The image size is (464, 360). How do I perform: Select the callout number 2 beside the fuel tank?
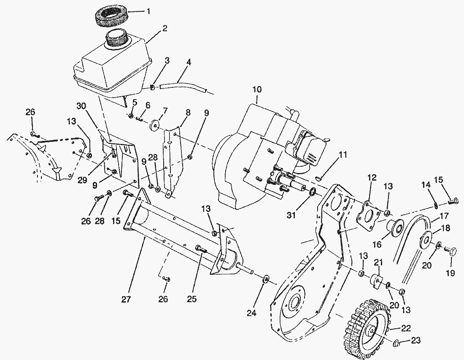165,29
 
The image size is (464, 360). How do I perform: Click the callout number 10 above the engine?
257,89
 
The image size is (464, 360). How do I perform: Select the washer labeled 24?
266,279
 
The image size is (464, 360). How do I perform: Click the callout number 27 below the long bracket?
126,300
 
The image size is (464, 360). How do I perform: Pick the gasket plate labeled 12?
366,216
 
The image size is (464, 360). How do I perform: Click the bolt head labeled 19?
452,252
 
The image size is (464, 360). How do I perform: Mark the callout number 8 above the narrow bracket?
188,112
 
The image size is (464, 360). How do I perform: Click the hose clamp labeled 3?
153,87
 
